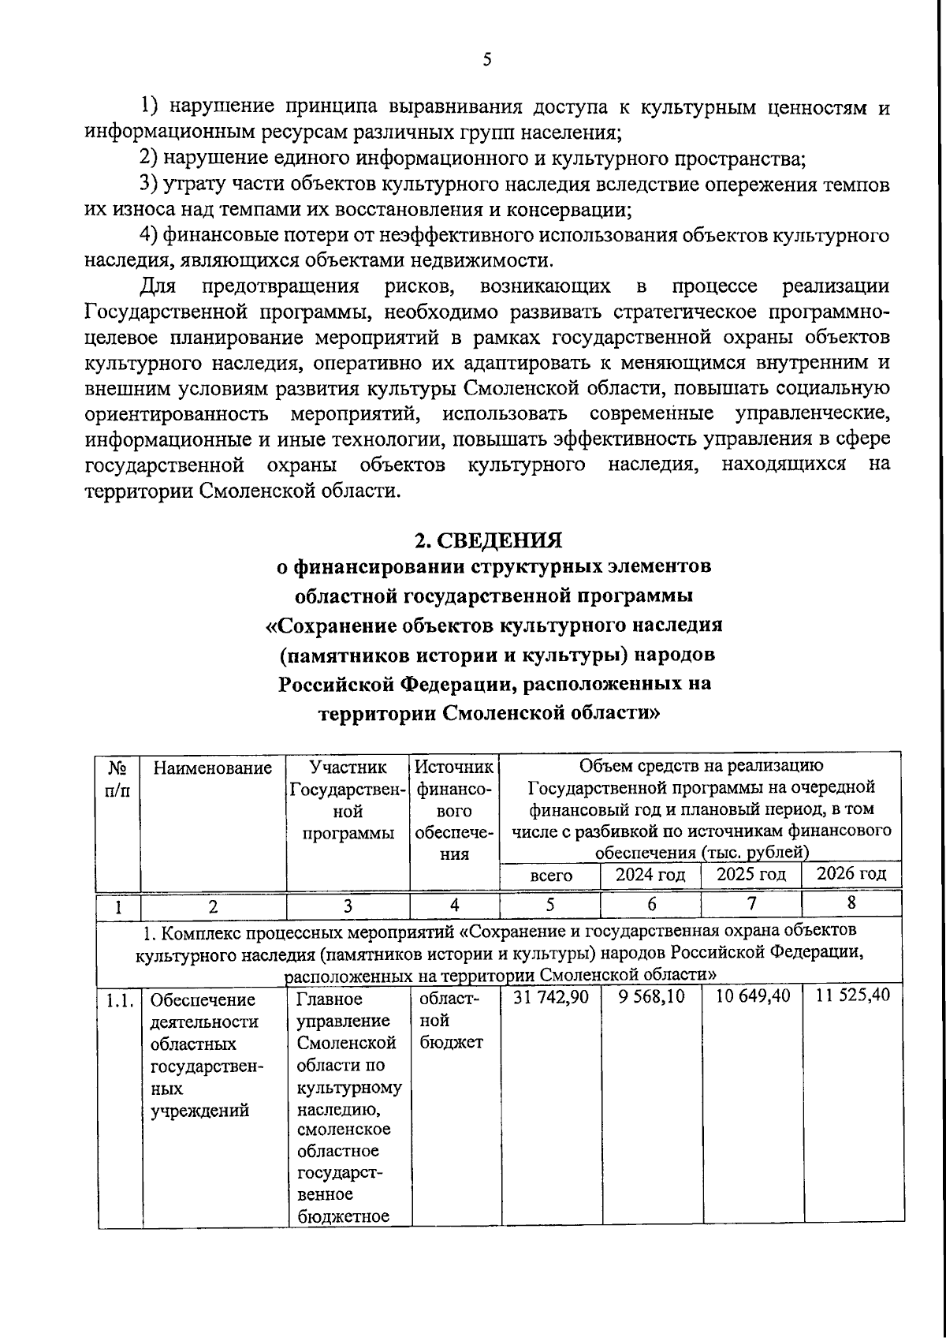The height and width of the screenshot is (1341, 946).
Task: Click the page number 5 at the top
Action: point(486,60)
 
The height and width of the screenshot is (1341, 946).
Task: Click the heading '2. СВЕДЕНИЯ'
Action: point(488,540)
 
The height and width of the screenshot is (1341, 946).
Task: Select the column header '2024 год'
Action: point(650,875)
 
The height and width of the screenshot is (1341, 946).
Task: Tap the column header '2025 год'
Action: point(750,874)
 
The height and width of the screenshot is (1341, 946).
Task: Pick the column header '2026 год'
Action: point(851,873)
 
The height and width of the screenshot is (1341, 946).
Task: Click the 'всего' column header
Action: point(550,876)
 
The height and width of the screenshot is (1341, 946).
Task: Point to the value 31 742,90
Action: point(550,997)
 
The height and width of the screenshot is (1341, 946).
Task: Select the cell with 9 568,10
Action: point(651,997)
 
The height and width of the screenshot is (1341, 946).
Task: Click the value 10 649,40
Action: point(752,996)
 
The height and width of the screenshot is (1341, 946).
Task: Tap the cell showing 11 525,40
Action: point(852,995)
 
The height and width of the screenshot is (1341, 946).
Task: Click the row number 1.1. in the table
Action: point(120,1001)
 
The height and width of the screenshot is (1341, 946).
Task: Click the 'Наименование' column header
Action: point(213,768)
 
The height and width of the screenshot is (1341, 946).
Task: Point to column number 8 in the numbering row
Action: point(851,903)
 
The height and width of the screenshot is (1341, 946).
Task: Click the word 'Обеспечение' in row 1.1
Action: point(203,1000)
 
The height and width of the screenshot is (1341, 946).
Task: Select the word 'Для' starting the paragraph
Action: point(160,286)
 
